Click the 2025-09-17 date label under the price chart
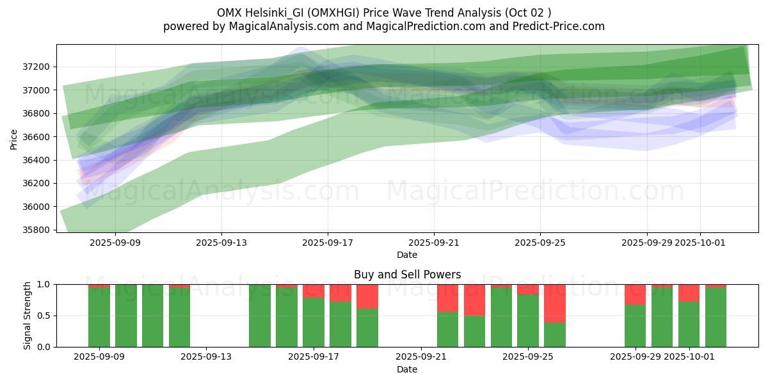(x=328, y=243)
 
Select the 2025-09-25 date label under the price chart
(x=540, y=243)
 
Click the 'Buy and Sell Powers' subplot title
(x=407, y=275)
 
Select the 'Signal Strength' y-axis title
(x=27, y=316)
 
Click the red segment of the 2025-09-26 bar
(x=555, y=303)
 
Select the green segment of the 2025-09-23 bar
(x=474, y=331)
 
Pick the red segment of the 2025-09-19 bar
(x=367, y=296)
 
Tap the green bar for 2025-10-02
(x=716, y=317)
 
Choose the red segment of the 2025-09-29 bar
(x=635, y=294)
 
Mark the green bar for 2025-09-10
(x=126, y=316)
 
